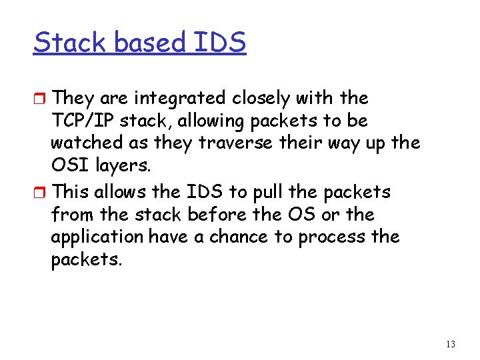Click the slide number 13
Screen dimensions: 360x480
click(x=451, y=344)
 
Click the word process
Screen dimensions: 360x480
click(x=332, y=237)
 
